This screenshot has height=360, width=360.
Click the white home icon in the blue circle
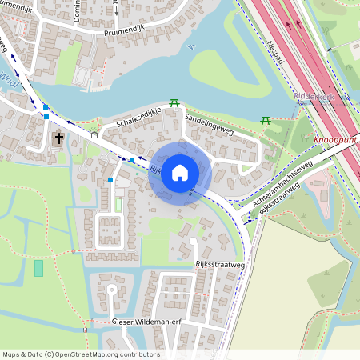click(x=180, y=172)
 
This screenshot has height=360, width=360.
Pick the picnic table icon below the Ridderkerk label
click(x=266, y=121)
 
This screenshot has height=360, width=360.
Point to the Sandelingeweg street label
click(x=208, y=123)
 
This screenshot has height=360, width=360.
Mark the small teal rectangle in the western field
click(x=38, y=268)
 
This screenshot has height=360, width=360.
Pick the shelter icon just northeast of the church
click(x=94, y=135)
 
